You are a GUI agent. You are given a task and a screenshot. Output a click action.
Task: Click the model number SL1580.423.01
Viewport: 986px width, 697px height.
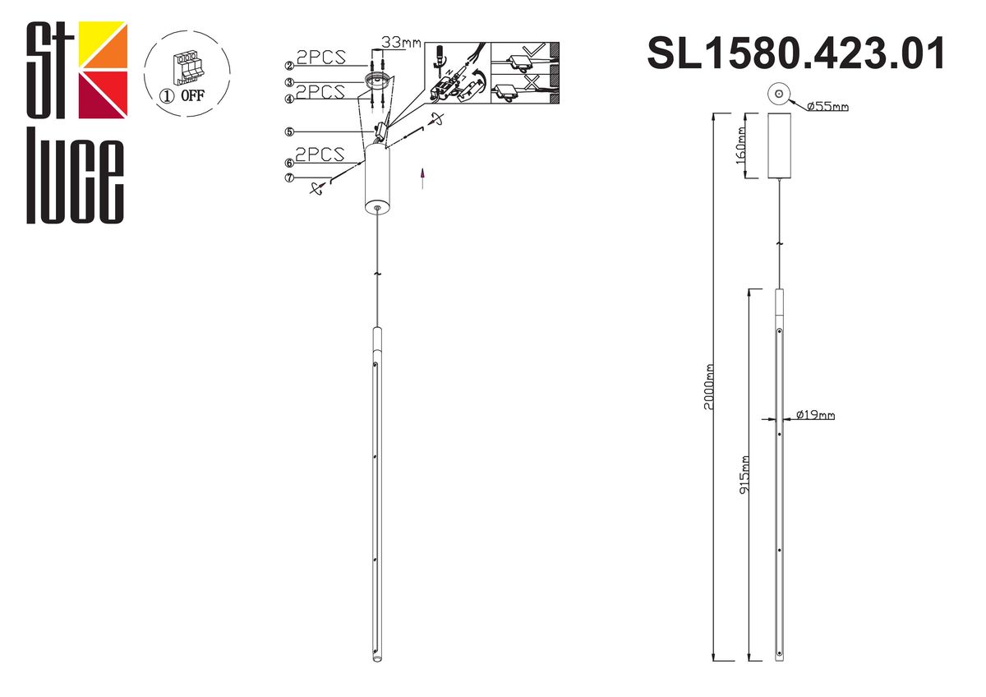tap(796, 54)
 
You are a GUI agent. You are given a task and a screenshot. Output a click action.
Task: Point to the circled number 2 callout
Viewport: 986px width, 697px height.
tap(289, 66)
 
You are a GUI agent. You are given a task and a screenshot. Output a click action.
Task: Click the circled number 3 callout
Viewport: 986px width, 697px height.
tap(289, 82)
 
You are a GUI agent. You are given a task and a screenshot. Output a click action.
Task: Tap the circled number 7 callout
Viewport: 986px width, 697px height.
tap(289, 178)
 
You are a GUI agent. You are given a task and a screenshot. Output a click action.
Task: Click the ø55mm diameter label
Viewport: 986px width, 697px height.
tap(827, 107)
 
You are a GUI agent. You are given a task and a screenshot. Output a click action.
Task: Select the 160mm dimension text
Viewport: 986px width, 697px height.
tap(742, 145)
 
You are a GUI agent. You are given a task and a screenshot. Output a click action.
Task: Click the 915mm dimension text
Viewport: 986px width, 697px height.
tap(744, 474)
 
